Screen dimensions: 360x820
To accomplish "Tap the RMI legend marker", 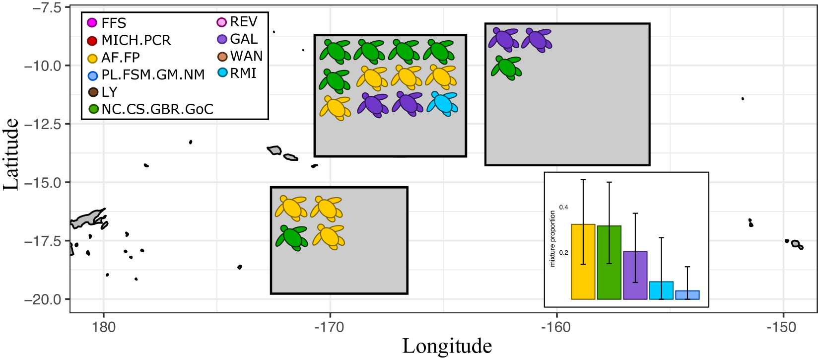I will click(x=222, y=73).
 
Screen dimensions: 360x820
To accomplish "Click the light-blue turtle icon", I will click(x=442, y=103).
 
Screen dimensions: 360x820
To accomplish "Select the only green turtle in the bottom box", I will click(x=292, y=237).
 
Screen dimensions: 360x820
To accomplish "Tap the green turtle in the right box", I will click(x=507, y=68).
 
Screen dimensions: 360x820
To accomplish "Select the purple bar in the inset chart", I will click(x=635, y=275).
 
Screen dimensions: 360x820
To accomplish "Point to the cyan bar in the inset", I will click(x=661, y=290).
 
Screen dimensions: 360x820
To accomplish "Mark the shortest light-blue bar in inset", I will click(x=687, y=295).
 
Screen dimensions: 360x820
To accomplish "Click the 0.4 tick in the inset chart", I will click(x=563, y=207).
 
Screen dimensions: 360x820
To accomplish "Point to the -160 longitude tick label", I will click(x=556, y=327).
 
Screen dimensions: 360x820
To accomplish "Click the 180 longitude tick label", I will click(x=103, y=327).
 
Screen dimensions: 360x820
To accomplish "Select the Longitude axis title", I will click(x=447, y=346).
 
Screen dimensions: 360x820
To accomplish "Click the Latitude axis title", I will click(x=11, y=154).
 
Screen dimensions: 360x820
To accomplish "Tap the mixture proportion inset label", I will click(x=552, y=238).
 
